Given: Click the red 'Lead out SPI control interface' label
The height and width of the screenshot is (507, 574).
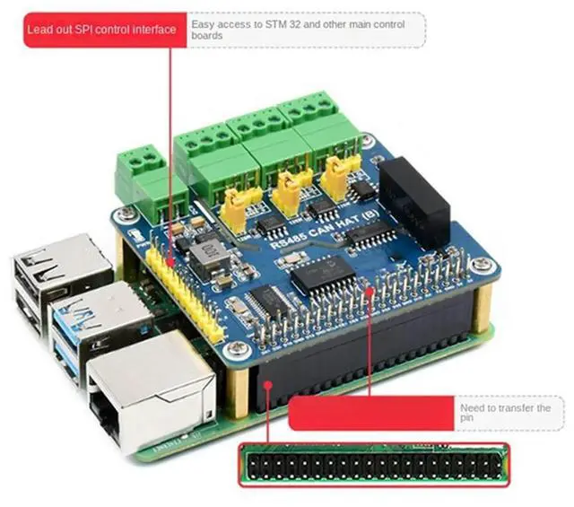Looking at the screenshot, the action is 101,30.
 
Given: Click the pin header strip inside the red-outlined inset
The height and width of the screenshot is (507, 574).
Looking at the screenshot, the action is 372,464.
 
